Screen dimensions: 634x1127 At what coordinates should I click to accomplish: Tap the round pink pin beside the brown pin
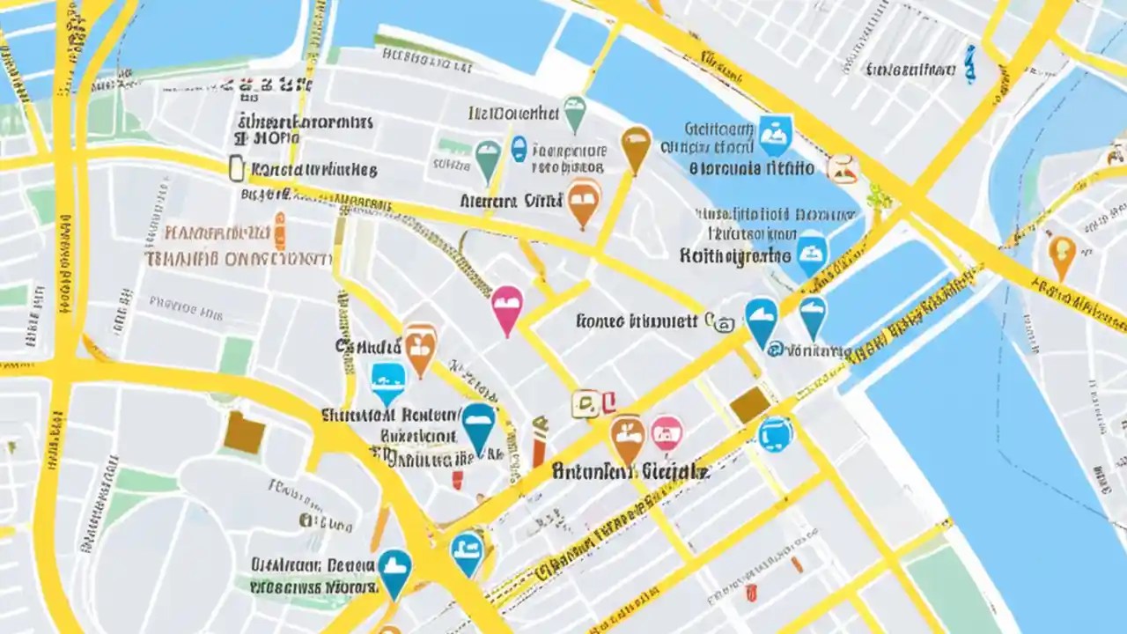pos(667,432)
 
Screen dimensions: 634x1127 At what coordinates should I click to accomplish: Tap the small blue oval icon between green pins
pos(519,148)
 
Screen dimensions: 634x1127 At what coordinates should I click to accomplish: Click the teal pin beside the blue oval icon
pos(487,158)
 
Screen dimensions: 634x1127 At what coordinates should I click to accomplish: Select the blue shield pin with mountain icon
pos(775,135)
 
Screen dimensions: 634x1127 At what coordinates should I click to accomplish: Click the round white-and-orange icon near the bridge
pos(843,167)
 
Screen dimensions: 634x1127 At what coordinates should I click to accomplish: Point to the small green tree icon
pos(879,197)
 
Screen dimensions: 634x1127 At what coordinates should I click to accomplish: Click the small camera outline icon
pos(724,323)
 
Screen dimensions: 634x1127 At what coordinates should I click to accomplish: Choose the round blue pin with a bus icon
pos(775,434)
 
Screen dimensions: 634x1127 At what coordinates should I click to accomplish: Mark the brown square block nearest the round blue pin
pos(750,404)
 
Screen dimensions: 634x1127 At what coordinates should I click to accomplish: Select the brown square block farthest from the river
pos(244,432)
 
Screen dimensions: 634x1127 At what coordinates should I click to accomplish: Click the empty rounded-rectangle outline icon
pos(236,168)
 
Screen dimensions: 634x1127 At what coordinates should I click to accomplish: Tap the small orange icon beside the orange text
pos(280,232)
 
